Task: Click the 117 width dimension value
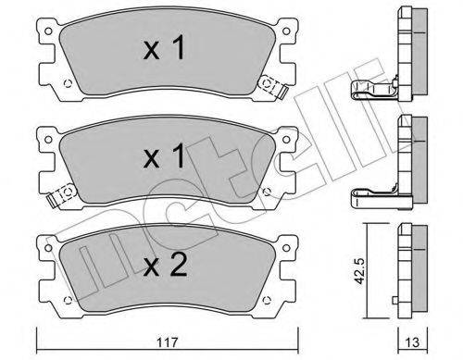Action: coord(168,342)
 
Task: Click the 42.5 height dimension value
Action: coord(359,271)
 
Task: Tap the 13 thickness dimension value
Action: coord(412,343)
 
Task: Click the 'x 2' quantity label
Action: coord(166,265)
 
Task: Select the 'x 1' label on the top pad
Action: coord(164,48)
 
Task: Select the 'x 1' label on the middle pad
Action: coord(164,156)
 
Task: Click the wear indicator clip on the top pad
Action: coord(273,86)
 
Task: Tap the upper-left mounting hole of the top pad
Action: coord(48,31)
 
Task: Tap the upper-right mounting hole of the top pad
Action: coord(286,31)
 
